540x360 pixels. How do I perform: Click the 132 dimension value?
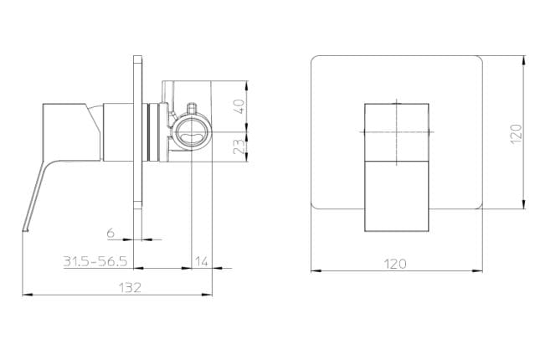click(130, 287)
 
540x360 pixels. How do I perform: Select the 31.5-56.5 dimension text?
click(95, 261)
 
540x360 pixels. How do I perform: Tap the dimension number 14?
click(202, 261)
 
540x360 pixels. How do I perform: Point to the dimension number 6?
click(111, 234)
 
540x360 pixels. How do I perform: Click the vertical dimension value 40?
click(239, 106)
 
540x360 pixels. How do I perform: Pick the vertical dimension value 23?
click(239, 147)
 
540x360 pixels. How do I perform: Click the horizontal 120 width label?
click(394, 265)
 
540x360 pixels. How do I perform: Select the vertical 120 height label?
click(517, 134)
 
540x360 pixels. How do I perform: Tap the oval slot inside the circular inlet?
click(191, 136)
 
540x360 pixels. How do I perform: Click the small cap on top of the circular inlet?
click(192, 109)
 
